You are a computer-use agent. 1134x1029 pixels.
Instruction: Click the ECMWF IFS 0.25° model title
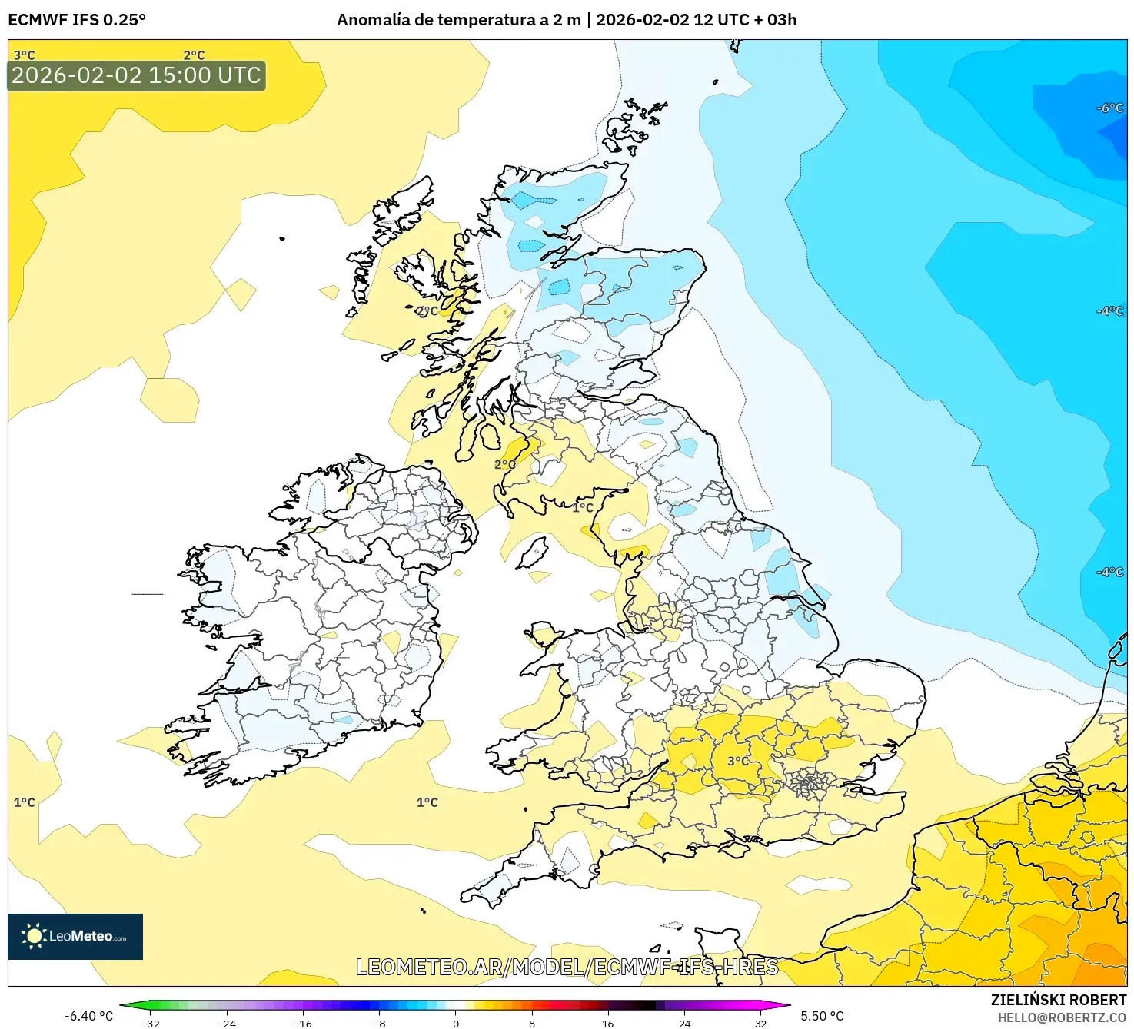point(77,20)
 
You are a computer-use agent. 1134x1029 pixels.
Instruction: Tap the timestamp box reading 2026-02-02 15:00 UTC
point(136,75)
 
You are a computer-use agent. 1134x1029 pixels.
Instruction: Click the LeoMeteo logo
point(75,936)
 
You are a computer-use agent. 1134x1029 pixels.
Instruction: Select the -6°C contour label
point(1109,108)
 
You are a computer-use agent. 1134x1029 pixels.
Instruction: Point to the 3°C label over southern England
point(738,761)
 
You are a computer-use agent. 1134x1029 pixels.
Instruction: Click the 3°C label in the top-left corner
point(24,55)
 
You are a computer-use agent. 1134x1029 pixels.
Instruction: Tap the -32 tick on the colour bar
point(151,1023)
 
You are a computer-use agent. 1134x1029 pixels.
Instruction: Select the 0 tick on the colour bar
point(456,1023)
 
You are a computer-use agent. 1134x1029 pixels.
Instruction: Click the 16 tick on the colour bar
point(607,1023)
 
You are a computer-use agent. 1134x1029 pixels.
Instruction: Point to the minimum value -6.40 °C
point(88,1016)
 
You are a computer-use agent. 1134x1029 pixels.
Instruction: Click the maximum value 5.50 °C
point(822,1016)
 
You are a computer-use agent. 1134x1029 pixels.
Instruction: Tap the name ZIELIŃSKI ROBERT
point(1058,1000)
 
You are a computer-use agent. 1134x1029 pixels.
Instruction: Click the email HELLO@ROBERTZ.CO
point(1061,1017)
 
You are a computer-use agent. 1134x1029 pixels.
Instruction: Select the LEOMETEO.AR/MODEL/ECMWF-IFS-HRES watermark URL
point(567,967)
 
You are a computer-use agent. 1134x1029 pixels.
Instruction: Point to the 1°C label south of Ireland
point(427,802)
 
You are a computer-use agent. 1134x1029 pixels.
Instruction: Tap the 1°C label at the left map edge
point(24,802)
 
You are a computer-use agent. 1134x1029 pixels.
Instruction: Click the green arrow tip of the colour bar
point(123,1004)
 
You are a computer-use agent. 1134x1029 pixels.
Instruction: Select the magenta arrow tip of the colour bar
point(786,1004)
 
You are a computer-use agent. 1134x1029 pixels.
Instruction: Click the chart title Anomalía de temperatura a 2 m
point(459,20)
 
